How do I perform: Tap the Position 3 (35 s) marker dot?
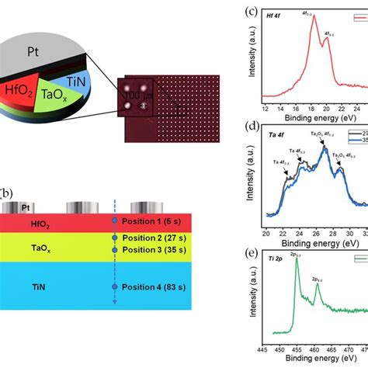click(x=114, y=250)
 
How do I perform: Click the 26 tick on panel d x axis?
click(x=323, y=232)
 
